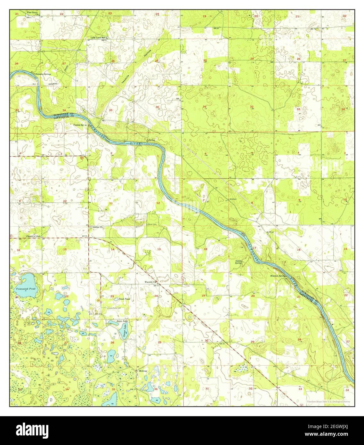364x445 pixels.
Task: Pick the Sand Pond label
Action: (x=124, y=299)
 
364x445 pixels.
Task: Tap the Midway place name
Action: (x=143, y=371)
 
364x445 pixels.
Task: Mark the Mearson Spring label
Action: (x=277, y=276)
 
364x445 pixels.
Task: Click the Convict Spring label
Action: (x=80, y=125)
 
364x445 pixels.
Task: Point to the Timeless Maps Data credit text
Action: (x=328, y=401)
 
